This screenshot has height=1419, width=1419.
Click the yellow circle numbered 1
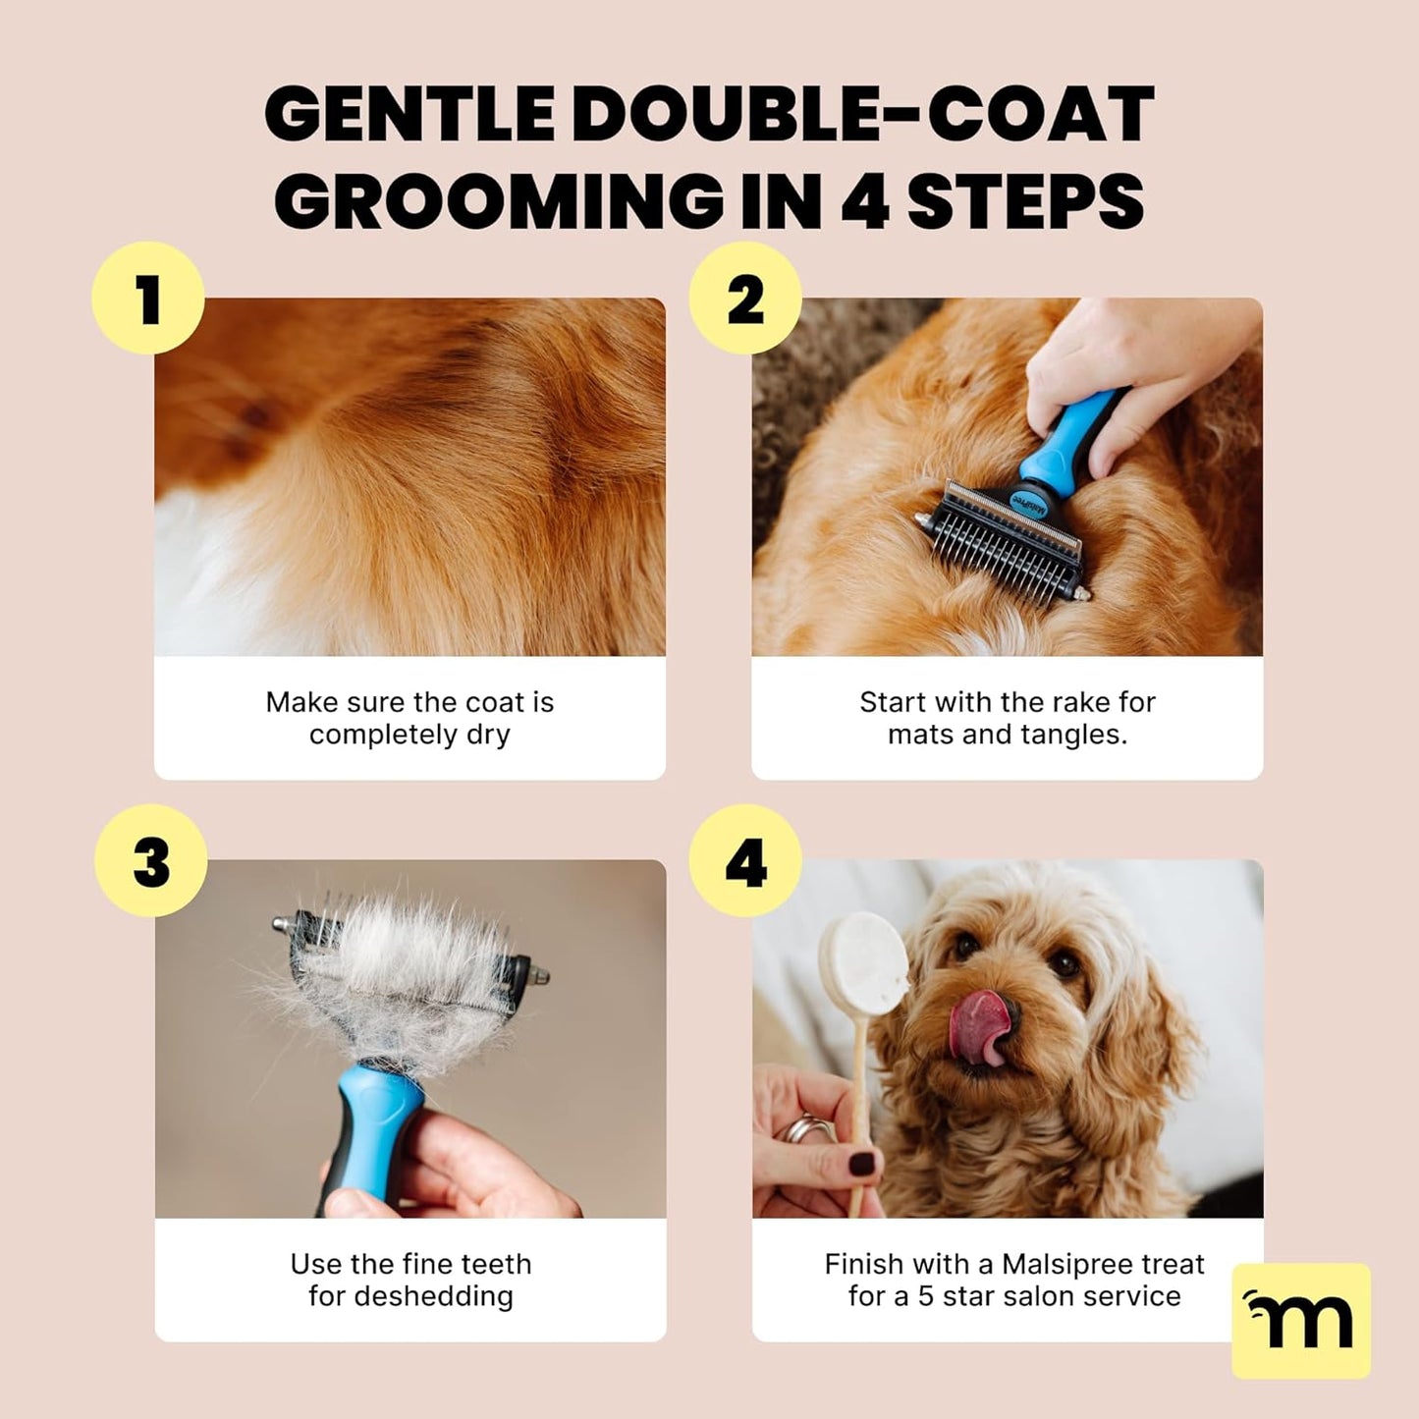148,299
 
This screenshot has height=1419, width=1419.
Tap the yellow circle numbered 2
745,299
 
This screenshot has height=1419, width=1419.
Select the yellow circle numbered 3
151,861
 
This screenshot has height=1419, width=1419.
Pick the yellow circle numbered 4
745,861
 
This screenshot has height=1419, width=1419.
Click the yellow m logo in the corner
1300,1320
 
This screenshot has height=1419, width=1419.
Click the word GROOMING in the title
498,201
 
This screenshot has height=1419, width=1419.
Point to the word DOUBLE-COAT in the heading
862,114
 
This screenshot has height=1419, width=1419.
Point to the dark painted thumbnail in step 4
861,1165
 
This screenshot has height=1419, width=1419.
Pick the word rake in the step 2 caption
1079,702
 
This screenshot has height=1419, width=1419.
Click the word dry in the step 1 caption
488,735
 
